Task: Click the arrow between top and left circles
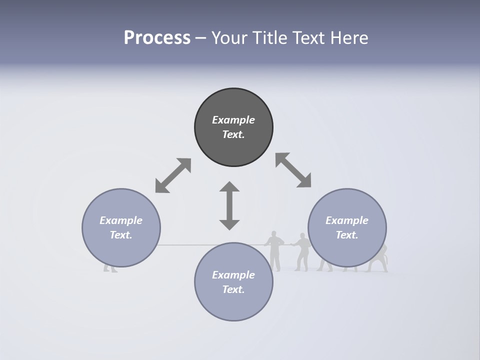(173, 175)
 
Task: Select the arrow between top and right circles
(293, 170)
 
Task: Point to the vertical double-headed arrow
(229, 205)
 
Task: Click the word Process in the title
(157, 37)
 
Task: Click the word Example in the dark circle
(233, 120)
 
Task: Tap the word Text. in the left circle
(121, 235)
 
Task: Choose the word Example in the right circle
(347, 220)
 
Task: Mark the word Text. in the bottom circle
(233, 289)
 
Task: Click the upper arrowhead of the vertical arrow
(229, 187)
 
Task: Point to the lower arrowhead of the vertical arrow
(229, 224)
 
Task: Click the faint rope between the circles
(200, 245)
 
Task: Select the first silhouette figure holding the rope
(274, 250)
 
